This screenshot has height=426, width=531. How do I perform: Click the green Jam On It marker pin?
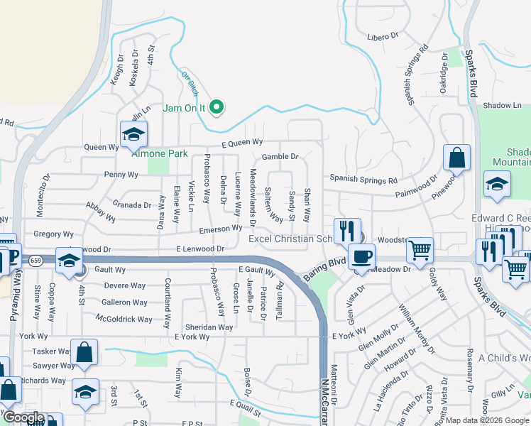point(219,108)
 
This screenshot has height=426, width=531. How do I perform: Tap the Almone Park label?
point(159,153)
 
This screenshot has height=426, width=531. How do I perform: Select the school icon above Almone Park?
point(133,135)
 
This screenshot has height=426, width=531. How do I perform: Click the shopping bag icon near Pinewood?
point(457,158)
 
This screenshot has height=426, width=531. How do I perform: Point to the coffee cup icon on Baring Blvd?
point(361,256)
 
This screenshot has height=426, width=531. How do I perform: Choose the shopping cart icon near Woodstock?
point(420,249)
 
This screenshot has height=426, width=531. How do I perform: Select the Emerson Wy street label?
point(220,229)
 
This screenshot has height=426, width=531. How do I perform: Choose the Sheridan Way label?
point(209,327)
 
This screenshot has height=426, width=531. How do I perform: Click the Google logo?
point(23,418)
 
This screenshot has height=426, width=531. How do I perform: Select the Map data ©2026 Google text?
point(487,420)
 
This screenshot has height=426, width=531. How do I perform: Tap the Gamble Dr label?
point(280,156)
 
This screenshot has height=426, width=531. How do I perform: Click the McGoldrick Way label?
point(124,319)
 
